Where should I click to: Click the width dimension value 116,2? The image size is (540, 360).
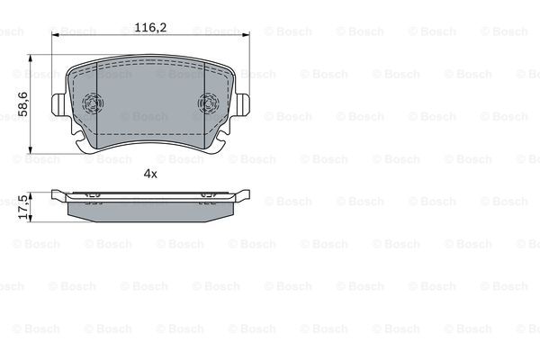[149, 28]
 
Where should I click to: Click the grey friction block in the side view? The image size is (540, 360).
[149, 208]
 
